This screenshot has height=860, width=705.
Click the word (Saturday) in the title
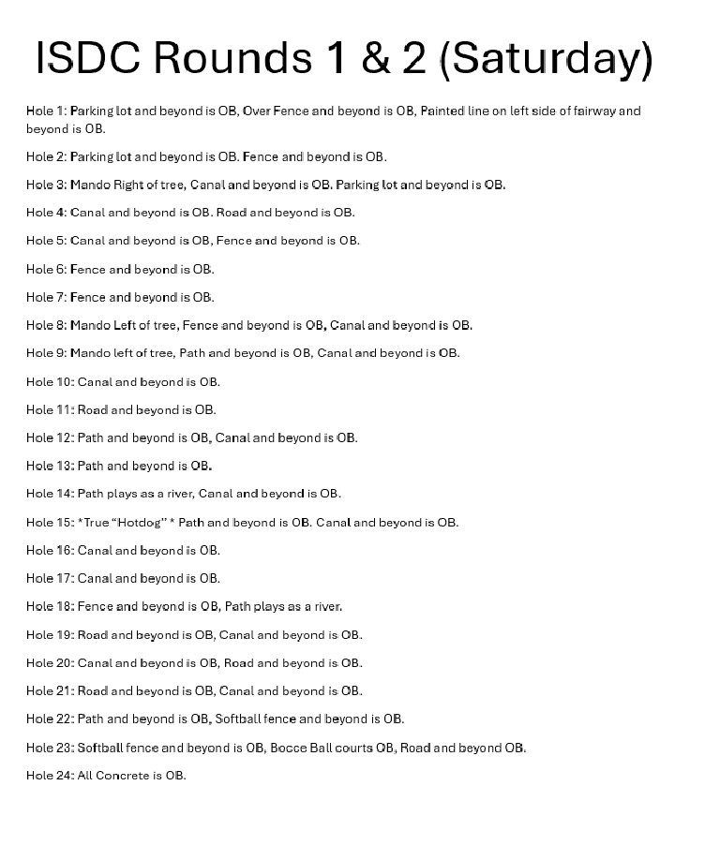[546, 58]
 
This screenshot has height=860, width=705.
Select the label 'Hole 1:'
[46, 111]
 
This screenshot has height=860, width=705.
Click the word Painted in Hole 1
[444, 111]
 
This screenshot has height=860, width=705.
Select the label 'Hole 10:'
[50, 381]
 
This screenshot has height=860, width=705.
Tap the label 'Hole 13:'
[50, 466]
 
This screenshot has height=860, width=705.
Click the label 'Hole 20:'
[50, 662]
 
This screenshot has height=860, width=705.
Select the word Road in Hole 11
[92, 409]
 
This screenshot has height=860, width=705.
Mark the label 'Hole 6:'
[46, 269]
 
